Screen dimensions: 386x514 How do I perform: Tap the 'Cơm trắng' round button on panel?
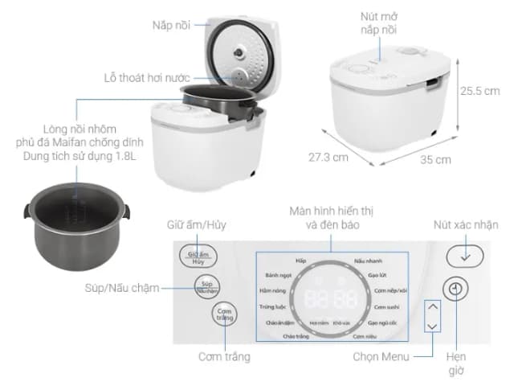226,314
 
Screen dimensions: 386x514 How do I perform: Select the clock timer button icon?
456,289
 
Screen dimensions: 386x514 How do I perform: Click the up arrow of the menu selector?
432,306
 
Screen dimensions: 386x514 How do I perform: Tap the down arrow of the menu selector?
432,326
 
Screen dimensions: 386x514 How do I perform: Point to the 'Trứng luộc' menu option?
274,306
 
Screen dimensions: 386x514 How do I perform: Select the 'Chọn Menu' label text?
381,356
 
